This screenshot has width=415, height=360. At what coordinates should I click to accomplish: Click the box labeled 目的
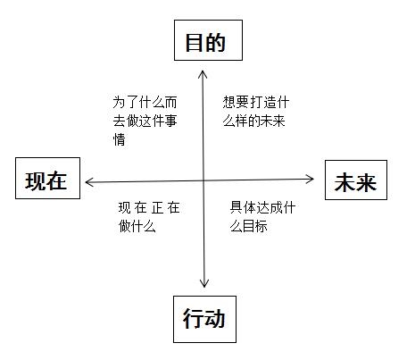(204, 43)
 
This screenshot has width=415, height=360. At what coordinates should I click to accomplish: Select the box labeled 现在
(46, 180)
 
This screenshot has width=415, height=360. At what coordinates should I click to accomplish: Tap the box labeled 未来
(355, 182)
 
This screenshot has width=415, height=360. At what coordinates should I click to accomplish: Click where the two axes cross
(204, 180)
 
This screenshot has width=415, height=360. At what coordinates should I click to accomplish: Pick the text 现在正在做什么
(148, 216)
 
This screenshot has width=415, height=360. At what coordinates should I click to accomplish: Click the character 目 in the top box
(194, 43)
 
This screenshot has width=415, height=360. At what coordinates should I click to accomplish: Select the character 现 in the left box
(36, 180)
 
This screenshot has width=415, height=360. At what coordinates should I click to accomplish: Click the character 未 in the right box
(344, 182)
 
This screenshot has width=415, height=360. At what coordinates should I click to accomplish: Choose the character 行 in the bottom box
(193, 319)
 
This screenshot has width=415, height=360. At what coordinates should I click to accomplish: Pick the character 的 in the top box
(215, 43)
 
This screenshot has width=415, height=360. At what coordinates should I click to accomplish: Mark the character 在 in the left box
(57, 180)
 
